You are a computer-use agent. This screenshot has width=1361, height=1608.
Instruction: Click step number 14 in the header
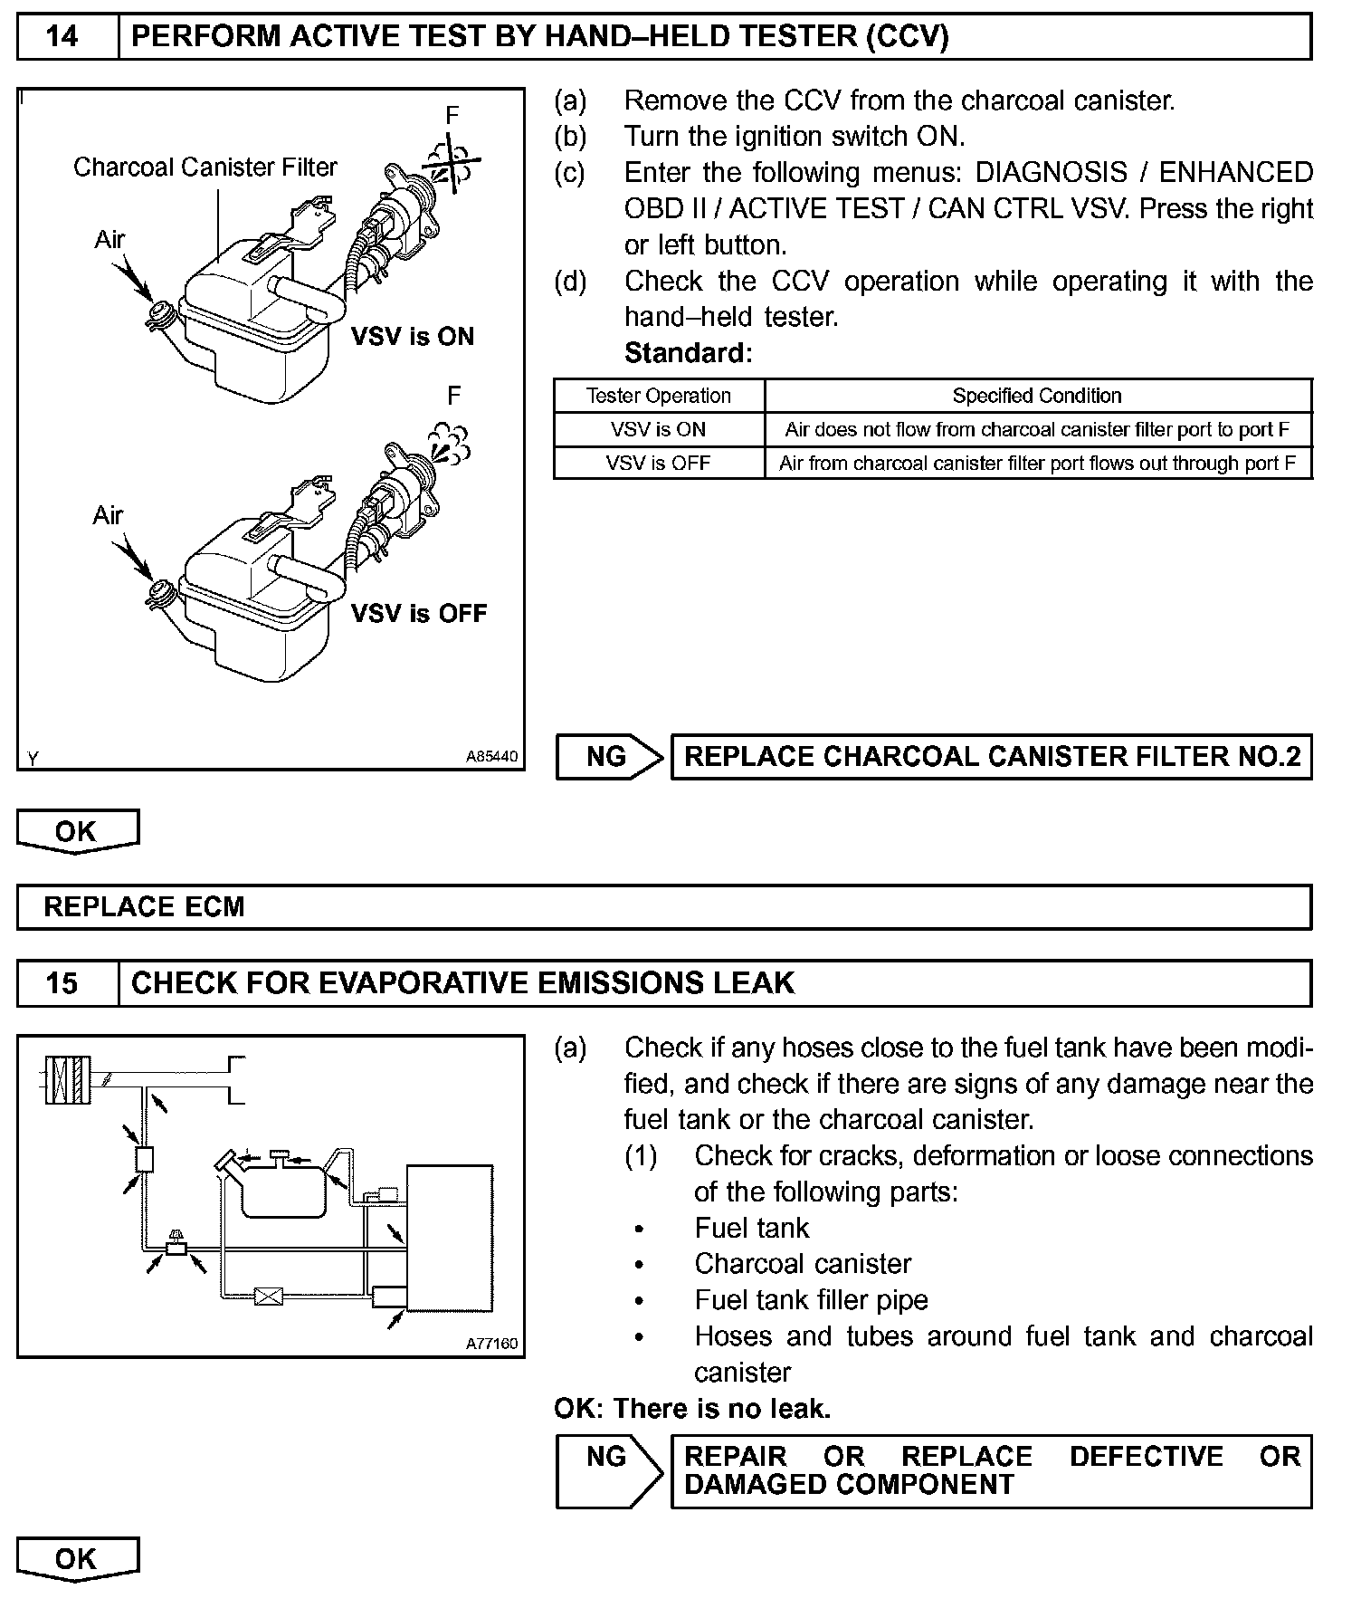(62, 36)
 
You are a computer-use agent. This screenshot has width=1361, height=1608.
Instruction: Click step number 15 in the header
(62, 983)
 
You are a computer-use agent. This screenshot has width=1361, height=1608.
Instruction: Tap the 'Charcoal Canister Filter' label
(205, 167)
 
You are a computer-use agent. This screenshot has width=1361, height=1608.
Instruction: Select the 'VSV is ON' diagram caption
(412, 337)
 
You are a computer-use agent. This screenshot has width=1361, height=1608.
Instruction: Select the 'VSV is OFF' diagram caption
(418, 614)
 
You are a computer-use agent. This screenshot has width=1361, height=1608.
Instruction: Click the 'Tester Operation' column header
(658, 396)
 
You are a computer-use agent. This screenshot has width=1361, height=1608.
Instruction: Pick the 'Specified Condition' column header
(1036, 396)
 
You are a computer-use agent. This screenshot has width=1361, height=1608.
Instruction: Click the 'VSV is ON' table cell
(658, 429)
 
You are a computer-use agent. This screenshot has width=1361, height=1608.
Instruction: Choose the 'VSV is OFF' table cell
(658, 464)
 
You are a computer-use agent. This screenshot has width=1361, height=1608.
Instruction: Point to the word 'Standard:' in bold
(688, 353)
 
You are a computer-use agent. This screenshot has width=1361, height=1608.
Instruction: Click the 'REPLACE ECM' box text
(144, 907)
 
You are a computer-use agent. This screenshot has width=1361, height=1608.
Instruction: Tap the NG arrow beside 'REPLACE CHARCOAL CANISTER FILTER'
(608, 757)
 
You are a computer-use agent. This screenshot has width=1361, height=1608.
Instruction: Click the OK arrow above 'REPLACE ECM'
(77, 831)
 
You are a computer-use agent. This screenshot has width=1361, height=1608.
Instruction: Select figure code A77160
(492, 1344)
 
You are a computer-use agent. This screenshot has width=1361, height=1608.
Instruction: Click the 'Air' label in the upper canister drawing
(109, 240)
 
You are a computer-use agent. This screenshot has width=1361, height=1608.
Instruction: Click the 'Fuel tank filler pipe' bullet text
(811, 1300)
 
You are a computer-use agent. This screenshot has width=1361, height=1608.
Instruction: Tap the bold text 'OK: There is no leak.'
(692, 1409)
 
